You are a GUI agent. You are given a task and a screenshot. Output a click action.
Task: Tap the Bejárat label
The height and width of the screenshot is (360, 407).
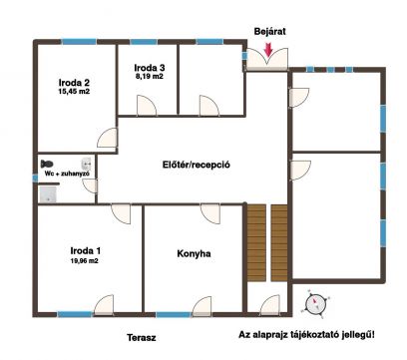270,32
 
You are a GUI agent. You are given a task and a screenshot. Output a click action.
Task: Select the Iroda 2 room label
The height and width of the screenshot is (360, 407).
74,82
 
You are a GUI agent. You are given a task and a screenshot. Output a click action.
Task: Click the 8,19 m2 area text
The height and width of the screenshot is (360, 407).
149,76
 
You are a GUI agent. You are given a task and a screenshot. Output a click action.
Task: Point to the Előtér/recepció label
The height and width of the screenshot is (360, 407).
197,165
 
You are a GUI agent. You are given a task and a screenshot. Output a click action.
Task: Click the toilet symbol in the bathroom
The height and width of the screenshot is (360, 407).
47,164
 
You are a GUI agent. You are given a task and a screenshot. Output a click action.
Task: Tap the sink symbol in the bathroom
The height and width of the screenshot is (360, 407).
87,164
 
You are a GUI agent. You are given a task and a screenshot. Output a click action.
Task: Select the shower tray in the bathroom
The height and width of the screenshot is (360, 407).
48,194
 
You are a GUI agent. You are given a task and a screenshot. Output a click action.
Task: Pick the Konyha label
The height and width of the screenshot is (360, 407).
194,253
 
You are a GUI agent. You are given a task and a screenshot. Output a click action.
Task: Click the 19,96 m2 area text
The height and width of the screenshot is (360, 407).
84,261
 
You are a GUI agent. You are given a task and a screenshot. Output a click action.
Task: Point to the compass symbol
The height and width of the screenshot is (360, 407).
314,304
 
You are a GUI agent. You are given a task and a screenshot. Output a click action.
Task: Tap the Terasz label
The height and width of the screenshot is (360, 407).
142,338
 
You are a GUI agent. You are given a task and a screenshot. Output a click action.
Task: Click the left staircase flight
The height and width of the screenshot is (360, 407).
256,243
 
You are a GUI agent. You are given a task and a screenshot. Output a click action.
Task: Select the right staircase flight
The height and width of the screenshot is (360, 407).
279,243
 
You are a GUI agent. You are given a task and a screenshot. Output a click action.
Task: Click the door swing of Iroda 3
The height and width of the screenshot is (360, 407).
147,106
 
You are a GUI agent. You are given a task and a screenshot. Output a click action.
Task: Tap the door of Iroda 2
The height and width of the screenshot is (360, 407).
107,138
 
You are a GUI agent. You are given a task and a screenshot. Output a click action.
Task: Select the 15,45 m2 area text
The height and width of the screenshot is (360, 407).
74,92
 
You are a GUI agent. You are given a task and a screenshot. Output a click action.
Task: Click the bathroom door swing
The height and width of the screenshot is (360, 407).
90,185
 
